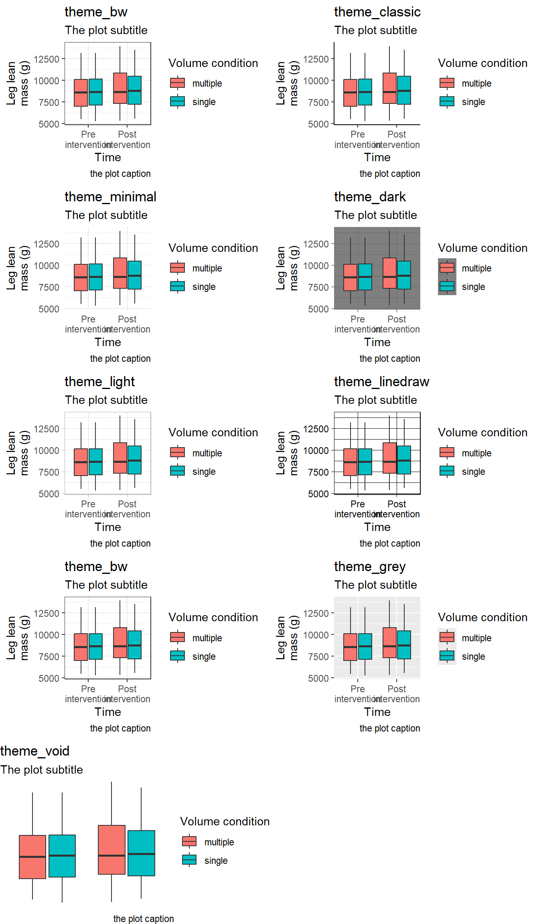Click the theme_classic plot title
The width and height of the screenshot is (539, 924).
tap(377, 12)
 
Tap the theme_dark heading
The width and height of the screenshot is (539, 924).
tap(370, 197)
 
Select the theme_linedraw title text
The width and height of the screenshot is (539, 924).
tap(381, 382)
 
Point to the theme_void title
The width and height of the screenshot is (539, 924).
tap(35, 751)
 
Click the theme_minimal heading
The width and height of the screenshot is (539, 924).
tap(110, 197)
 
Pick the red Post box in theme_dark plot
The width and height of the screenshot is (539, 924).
tap(389, 273)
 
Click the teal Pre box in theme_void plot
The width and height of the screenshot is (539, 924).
tap(62, 856)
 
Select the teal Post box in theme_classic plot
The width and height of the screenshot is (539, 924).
tap(404, 90)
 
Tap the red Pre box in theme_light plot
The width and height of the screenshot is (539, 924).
tap(81, 462)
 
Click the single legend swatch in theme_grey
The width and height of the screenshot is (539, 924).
tap(447, 656)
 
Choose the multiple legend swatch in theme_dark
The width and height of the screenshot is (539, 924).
tap(447, 267)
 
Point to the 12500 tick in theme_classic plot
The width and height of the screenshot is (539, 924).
tap(316, 59)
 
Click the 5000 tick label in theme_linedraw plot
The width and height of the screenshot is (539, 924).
tap(318, 494)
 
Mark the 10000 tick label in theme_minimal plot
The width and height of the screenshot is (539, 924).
tap(47, 266)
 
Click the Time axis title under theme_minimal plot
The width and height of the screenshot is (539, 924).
tap(108, 342)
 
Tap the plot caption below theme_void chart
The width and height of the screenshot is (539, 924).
tap(144, 919)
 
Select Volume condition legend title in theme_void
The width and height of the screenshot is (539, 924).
tap(225, 822)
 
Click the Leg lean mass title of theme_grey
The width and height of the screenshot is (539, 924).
tap(287, 638)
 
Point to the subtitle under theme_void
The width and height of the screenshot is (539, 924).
tap(42, 770)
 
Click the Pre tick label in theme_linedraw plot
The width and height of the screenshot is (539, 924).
tap(357, 504)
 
